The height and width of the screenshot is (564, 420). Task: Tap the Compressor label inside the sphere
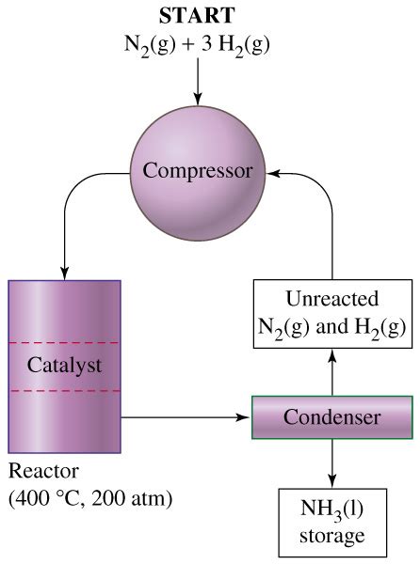pos(198,171)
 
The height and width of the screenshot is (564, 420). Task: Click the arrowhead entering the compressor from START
pos(198,97)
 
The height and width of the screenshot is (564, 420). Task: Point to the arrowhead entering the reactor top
pos(64,271)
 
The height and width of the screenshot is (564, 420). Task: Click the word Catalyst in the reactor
pos(63,366)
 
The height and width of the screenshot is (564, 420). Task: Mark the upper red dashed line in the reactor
pos(64,343)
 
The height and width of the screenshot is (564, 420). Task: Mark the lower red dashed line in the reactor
pos(64,389)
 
